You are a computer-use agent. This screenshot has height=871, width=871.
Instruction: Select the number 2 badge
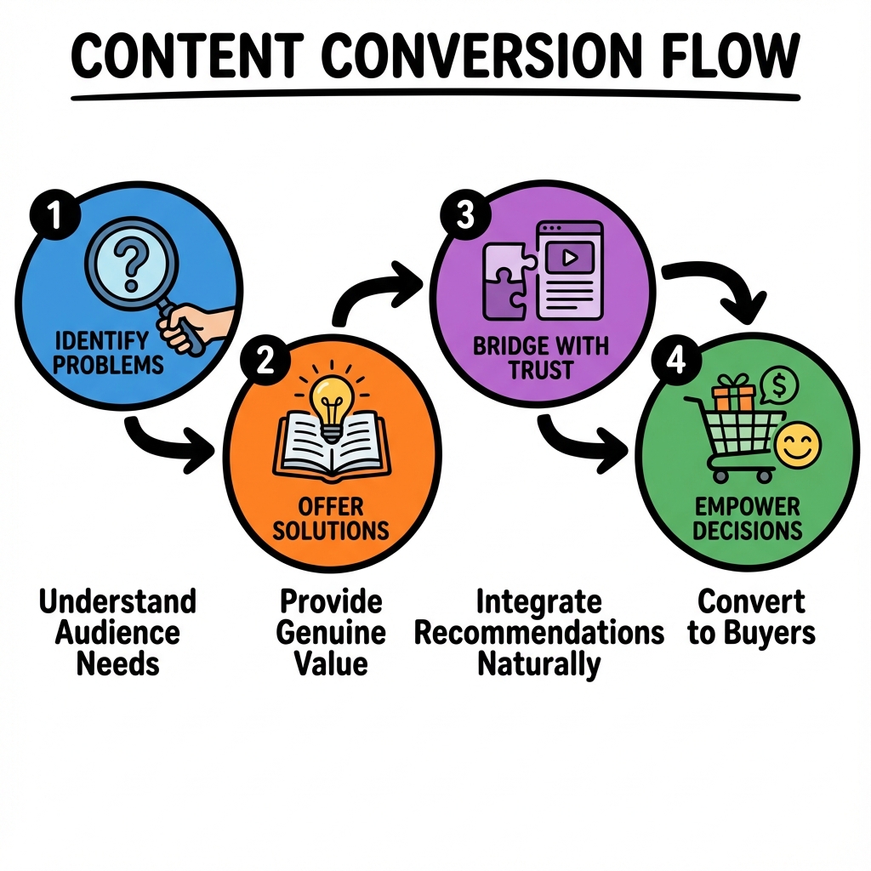(265, 361)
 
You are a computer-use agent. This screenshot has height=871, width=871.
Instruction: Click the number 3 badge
(464, 215)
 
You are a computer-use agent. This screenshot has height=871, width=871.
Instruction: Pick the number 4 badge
(675, 361)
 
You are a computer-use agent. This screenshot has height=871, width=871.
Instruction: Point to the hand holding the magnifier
(197, 327)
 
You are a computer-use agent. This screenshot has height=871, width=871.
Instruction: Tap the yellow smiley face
(799, 445)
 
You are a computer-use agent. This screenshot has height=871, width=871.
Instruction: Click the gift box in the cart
(733, 395)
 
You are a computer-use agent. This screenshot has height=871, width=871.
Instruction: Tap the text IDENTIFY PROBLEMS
(110, 353)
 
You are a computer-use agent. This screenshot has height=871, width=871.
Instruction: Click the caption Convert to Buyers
(751, 618)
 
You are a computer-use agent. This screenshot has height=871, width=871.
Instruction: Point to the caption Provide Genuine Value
(332, 633)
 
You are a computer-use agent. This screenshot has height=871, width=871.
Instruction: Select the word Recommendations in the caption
(538, 633)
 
